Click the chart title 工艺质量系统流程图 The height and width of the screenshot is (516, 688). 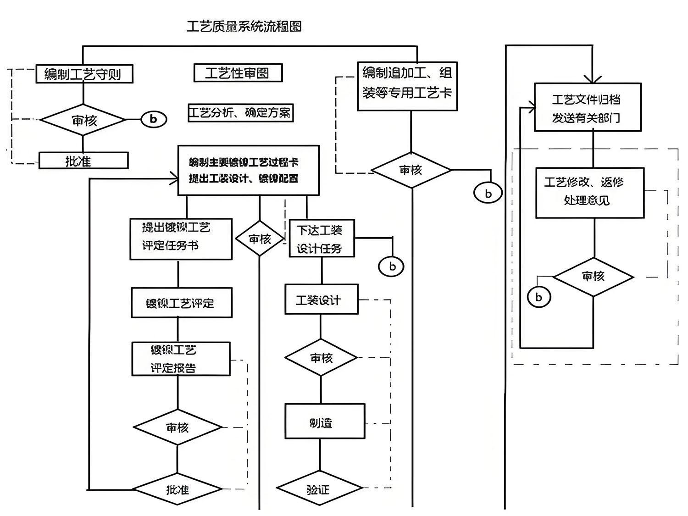click(x=244, y=27)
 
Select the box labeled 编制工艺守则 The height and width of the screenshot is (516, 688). click(x=84, y=74)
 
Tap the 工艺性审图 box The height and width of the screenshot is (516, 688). click(x=238, y=73)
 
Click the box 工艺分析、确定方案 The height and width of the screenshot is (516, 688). click(x=240, y=113)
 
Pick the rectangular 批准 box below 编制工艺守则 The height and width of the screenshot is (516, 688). click(x=83, y=161)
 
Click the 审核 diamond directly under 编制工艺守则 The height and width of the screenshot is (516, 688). click(x=83, y=121)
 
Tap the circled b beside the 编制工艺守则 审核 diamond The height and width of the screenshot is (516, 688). click(x=153, y=119)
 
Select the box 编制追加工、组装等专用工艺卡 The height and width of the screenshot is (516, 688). click(x=407, y=86)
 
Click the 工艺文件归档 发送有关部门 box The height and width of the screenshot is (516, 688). click(x=588, y=107)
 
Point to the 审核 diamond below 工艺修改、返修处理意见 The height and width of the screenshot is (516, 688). click(x=593, y=277)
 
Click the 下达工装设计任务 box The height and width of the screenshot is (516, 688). click(x=322, y=239)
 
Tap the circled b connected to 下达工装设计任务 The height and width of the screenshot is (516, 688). click(x=391, y=266)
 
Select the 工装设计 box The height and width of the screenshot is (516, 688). click(x=321, y=300)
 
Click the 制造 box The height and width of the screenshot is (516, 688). click(x=325, y=421)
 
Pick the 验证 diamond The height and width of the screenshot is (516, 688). click(x=318, y=489)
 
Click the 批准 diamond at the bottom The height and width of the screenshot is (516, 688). click(x=178, y=489)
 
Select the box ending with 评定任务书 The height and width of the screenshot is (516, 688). click(x=181, y=239)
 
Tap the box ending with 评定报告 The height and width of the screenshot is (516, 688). click(x=181, y=359)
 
